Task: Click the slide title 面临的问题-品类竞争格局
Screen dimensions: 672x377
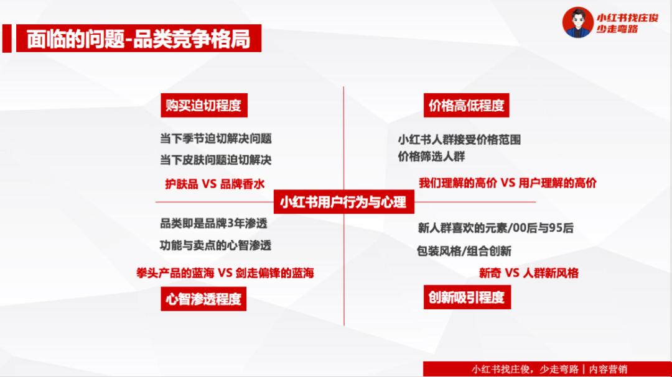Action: (138, 39)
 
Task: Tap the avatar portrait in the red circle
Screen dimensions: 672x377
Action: (577, 22)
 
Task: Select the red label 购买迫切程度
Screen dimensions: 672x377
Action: (204, 105)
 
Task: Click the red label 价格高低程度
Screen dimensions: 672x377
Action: (466, 105)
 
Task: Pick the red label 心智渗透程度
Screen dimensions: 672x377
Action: (203, 299)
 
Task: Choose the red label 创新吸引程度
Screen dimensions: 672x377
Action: (467, 297)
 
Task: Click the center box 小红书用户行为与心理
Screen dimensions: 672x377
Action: (343, 202)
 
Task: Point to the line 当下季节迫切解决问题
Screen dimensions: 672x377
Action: (215, 139)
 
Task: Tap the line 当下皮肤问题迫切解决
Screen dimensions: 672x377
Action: (215, 160)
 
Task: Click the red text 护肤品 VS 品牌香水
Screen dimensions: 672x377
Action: (215, 184)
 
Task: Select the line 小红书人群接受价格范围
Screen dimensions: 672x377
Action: (459, 140)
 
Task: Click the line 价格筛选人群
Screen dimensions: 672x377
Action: (432, 157)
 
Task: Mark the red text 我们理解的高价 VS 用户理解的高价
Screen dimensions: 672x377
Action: (508, 183)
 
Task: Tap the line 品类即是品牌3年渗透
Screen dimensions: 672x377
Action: (213, 224)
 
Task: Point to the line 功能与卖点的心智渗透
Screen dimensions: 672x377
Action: (215, 245)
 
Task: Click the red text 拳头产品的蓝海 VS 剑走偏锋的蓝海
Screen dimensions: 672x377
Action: (225, 273)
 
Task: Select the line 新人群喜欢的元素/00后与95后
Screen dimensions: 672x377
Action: (496, 228)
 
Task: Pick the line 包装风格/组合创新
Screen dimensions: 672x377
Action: (464, 251)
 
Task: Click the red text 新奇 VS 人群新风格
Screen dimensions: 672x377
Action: (529, 273)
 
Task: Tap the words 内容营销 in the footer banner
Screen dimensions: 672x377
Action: (609, 369)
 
